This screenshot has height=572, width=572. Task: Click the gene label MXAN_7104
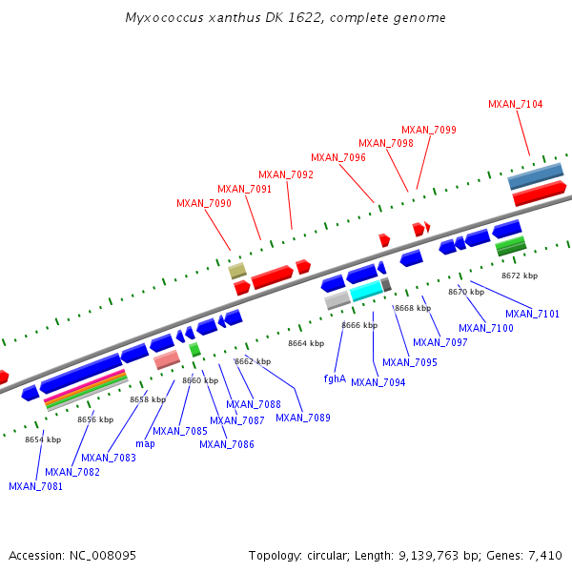point(515,104)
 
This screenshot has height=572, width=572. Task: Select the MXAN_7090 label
point(203,203)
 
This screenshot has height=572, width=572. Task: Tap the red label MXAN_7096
point(338,157)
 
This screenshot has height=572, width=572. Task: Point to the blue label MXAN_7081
point(35,486)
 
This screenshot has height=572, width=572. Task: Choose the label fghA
point(335,378)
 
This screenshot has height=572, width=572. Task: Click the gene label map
point(145,443)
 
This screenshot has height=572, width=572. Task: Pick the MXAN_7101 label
point(532,314)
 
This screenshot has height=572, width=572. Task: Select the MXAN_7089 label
point(303,418)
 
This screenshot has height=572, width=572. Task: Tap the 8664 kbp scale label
point(306,343)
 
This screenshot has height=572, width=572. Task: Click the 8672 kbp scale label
point(520,276)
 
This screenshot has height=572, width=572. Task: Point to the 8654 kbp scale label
point(43,439)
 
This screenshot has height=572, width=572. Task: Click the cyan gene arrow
point(366,293)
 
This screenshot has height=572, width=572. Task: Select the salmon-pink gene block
point(167,359)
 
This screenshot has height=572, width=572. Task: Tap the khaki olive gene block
point(237,271)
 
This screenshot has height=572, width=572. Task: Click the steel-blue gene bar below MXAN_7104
point(535,176)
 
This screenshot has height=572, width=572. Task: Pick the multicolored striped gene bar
point(86,390)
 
